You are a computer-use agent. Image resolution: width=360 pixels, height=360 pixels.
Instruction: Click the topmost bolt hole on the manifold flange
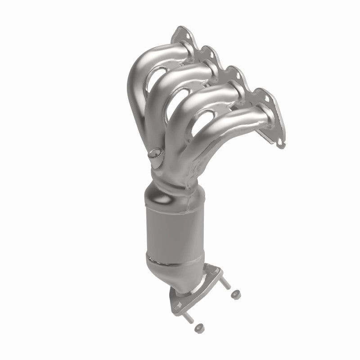[x=183, y=32]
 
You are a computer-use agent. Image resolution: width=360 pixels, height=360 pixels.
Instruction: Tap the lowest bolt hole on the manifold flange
[x=281, y=144]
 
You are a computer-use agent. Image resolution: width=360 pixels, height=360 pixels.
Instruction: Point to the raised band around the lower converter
[x=171, y=261]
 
